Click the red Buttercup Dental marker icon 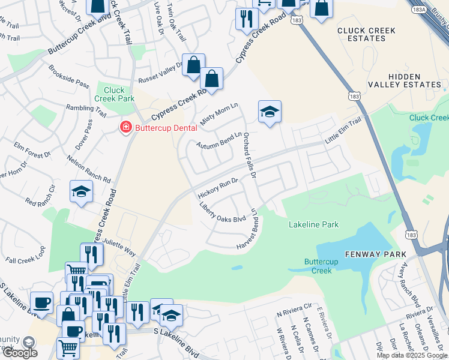pyautogui.click(x=125, y=127)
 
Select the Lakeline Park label pyautogui.click(x=313, y=225)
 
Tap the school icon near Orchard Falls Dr pyautogui.click(x=270, y=111)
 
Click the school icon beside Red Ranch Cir pyautogui.click(x=81, y=191)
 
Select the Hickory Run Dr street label pyautogui.click(x=218, y=188)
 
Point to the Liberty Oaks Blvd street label pyautogui.click(x=223, y=211)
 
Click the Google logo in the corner pyautogui.click(x=20, y=353)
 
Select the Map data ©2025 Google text pyautogui.click(x=412, y=355)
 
